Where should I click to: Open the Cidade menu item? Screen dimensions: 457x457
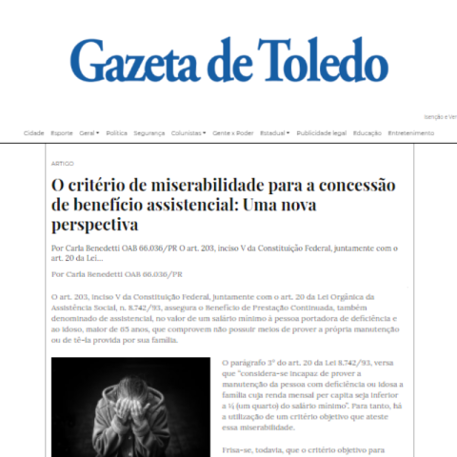point(33,133)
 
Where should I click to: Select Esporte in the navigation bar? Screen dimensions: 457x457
point(61,133)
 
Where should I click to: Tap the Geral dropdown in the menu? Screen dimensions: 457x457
point(89,133)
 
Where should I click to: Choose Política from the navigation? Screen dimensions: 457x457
point(117,133)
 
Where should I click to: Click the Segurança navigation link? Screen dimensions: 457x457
point(149,133)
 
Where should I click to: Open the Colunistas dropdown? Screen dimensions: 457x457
point(189,133)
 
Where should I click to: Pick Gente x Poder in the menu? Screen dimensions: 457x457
point(233,133)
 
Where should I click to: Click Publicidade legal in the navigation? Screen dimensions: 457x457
point(321,133)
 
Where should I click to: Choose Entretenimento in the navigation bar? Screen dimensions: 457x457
point(410,133)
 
